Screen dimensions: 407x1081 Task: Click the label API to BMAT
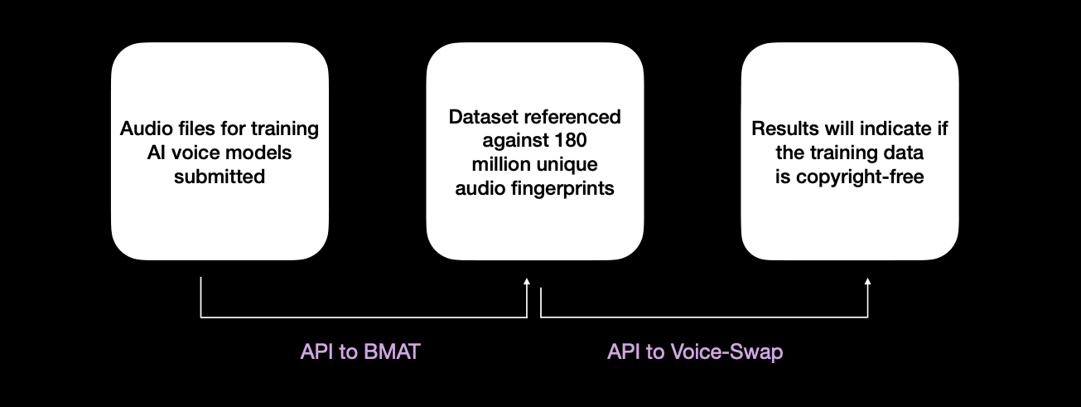point(360,351)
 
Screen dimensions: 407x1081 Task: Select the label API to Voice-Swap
point(694,351)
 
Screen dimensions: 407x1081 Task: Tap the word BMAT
point(393,351)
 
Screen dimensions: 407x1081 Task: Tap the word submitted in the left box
point(220,177)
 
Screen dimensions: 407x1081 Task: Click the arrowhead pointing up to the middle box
point(527,283)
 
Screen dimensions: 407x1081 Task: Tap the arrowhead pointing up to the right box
point(867,283)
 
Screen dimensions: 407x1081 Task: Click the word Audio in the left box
point(143,128)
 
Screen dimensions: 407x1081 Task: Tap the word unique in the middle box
point(567,164)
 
